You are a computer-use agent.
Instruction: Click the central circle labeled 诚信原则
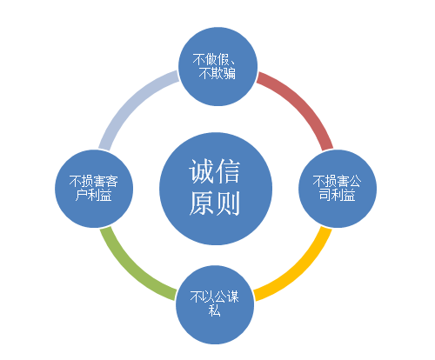(x=216, y=189)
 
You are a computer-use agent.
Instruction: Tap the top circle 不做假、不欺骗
(x=217, y=66)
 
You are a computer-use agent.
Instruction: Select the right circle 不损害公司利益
(x=338, y=189)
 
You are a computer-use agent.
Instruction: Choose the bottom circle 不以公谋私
(x=215, y=304)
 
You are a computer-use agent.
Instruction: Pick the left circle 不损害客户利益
(x=94, y=189)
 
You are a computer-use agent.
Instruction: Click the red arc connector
(x=303, y=103)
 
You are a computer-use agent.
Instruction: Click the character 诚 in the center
(x=201, y=171)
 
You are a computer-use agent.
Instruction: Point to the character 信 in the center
(x=227, y=171)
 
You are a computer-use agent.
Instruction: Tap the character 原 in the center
(x=202, y=203)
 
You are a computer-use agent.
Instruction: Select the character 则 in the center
(x=227, y=203)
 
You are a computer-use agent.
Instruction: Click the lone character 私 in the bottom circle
(x=215, y=310)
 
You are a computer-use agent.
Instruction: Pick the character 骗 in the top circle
(x=229, y=73)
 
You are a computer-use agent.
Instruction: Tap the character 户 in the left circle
(x=82, y=196)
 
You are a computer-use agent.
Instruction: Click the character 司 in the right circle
(x=325, y=195)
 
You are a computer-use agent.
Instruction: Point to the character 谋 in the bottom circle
(x=233, y=297)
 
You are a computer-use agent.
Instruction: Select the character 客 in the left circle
(x=112, y=182)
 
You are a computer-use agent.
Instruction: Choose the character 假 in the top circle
(x=224, y=60)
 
